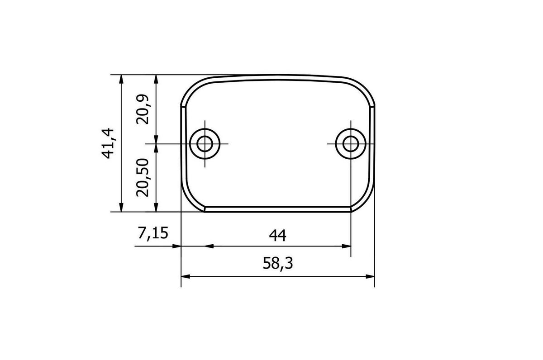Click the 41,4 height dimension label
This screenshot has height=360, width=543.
(x=107, y=143)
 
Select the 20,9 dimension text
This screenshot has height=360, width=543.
(x=142, y=109)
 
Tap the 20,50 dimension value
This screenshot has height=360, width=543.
(x=142, y=177)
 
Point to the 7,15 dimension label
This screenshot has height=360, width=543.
(x=153, y=233)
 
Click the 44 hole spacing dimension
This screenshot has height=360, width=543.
(x=277, y=235)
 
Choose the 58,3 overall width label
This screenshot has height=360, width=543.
(x=278, y=263)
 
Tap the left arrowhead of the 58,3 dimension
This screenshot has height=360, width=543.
(x=186, y=276)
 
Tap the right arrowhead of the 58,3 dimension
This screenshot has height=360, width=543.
(x=370, y=276)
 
